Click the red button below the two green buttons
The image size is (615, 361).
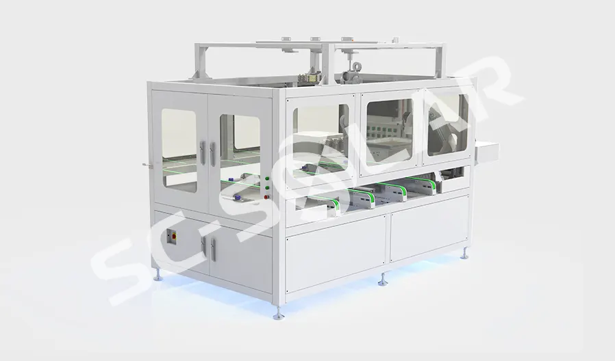pos(268,197)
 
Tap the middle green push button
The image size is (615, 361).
pos(268,187)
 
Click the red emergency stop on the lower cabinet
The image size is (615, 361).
pos(171,236)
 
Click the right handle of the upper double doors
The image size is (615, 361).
pos(212,153)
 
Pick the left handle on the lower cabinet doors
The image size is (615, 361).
pos(203,247)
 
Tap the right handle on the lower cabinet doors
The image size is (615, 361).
pos(213,250)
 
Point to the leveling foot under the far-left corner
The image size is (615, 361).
pos(158,276)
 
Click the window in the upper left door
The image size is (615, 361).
pos(179,150)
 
